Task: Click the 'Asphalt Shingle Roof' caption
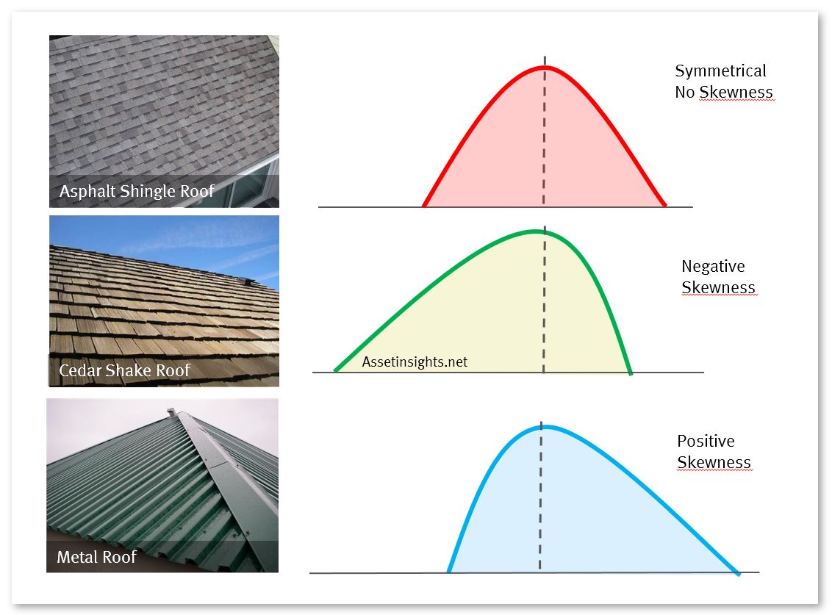coord(137,191)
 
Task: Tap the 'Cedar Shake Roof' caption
coord(125,370)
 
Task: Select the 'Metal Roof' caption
coord(96,557)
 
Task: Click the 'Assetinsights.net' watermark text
coord(415,362)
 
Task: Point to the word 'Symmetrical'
coord(720,71)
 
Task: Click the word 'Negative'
coord(713,266)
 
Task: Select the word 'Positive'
coord(706,441)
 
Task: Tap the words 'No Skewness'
coord(724,92)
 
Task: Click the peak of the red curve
coord(545,67)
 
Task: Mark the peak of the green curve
coord(536,231)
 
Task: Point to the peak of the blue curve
coord(545,426)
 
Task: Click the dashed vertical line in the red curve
coord(545,131)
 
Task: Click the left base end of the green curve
coord(335,370)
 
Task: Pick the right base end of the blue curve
coord(738,574)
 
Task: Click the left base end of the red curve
coord(424,205)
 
